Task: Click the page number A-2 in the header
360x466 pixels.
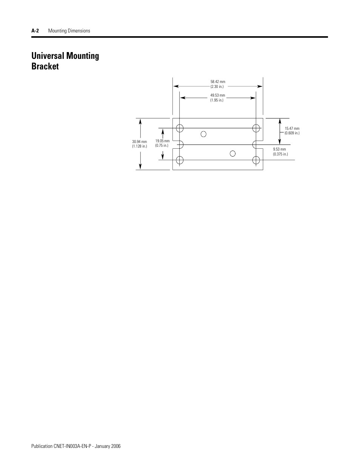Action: coord(35,31)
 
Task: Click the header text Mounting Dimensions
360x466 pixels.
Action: coord(69,31)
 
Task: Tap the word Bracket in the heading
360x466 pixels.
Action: coord(45,66)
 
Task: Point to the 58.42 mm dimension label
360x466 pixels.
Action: coord(218,82)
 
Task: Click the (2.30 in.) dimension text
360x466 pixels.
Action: coord(217,86)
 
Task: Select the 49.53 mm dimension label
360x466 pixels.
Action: coord(218,95)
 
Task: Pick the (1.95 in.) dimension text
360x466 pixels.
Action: coord(217,100)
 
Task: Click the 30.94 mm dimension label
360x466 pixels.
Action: coord(139,141)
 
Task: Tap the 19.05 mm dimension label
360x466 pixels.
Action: coord(162,141)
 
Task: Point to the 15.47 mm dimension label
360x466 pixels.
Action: coord(292,128)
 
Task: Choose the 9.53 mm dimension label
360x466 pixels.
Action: coord(280,149)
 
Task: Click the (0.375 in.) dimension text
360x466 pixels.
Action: coord(280,154)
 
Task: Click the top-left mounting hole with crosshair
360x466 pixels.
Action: coord(180,128)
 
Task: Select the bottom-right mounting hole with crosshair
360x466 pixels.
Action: coord(256,160)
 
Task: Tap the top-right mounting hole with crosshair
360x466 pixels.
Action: coord(256,128)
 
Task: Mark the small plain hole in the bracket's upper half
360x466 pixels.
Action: coord(203,134)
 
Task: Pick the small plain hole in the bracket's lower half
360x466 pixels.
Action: coord(233,153)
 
